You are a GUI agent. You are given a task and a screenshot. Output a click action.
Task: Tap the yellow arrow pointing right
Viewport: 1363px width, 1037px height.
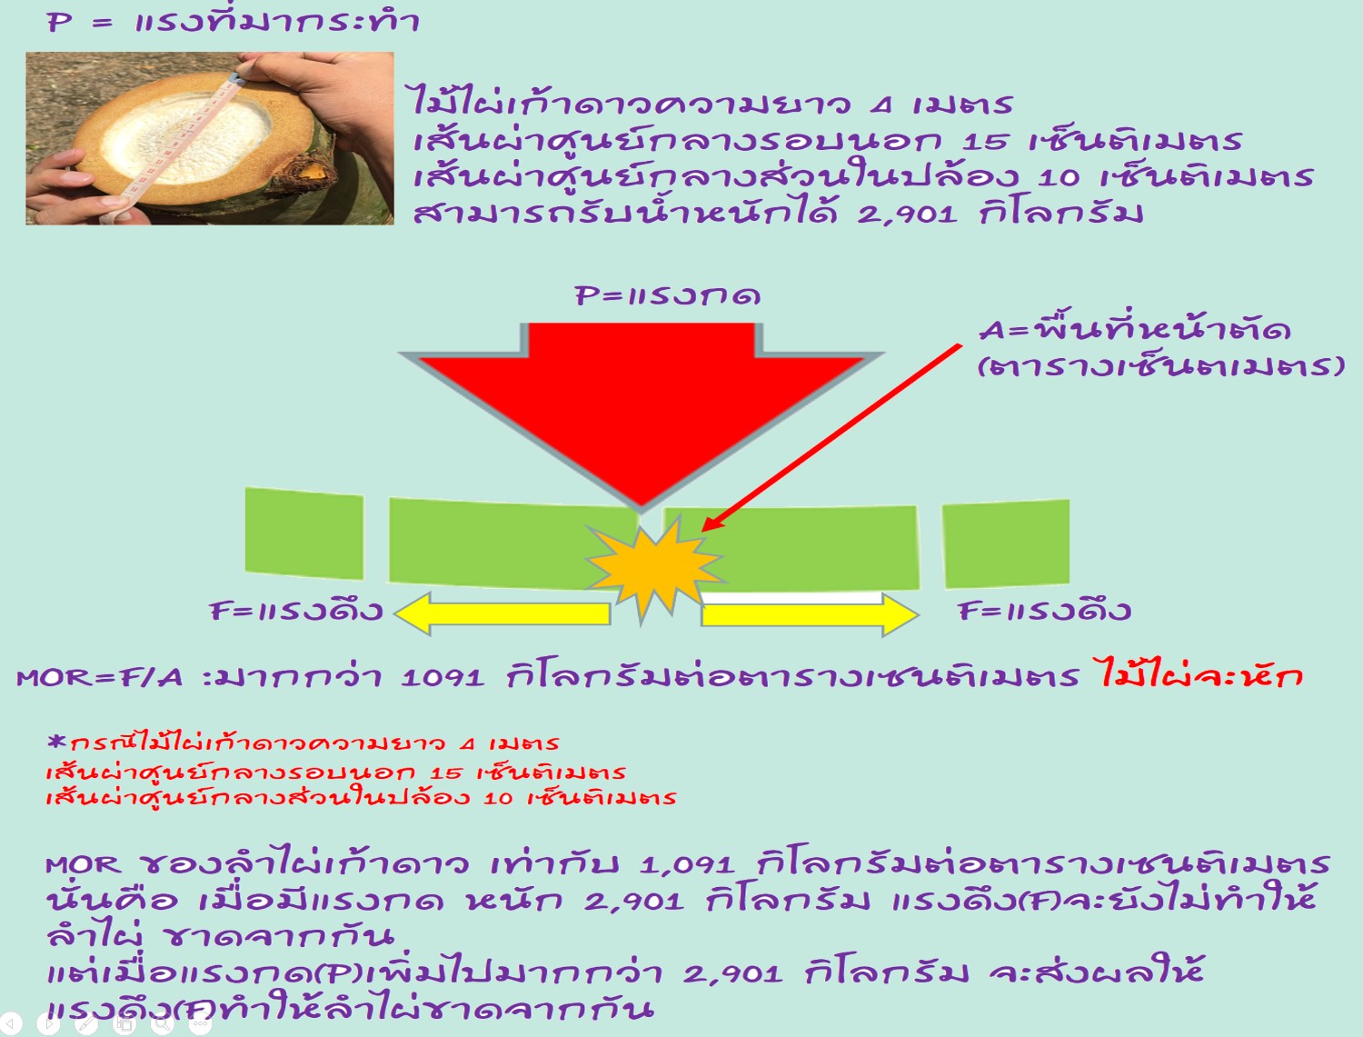coord(810,614)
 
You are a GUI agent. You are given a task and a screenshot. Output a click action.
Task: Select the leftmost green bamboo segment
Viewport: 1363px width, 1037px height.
coord(304,533)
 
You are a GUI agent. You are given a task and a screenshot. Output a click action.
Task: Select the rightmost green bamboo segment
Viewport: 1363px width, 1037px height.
coord(1006,543)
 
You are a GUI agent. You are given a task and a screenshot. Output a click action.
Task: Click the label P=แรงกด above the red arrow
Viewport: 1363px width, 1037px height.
coord(668,295)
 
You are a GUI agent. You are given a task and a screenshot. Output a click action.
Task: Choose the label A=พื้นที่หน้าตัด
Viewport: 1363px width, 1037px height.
coord(1135,330)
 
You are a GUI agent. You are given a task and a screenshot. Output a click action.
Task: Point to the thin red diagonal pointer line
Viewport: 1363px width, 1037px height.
coord(831,438)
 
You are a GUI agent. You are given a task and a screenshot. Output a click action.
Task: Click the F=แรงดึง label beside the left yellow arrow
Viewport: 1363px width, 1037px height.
coord(296,611)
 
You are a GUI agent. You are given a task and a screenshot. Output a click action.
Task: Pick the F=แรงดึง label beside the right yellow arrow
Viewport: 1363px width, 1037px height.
coord(1044,611)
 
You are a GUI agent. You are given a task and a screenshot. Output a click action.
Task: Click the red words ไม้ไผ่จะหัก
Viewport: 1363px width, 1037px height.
coord(1199,675)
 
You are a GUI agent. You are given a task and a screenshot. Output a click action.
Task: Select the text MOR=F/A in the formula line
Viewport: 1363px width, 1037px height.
coord(100,678)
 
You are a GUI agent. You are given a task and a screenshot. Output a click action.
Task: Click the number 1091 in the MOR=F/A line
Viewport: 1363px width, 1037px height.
coord(443,678)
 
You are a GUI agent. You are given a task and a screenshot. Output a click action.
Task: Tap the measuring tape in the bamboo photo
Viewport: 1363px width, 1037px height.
coord(175,146)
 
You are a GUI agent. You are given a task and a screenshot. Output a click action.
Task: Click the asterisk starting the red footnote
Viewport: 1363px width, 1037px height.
coord(56,741)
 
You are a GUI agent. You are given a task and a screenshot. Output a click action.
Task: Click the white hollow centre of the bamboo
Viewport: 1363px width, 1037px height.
coord(185,140)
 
